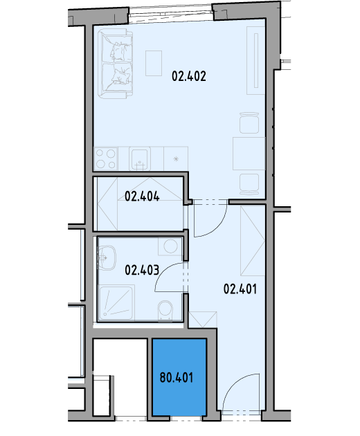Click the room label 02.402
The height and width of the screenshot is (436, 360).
189,76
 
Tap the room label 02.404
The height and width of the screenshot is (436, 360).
142,197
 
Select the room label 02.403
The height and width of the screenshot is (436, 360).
142,270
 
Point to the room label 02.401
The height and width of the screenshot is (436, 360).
240,289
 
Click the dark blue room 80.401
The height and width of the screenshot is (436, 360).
179,377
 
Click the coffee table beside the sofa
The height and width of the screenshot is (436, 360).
154,63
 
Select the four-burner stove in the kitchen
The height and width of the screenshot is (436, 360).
106,158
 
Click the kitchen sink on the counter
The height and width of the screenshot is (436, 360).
140,158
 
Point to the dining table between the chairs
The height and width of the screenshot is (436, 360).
249,154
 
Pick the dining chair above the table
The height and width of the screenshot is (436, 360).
249,122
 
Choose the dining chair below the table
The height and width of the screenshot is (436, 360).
249,185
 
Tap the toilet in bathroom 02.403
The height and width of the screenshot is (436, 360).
165,311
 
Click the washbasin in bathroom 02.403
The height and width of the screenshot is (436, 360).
107,257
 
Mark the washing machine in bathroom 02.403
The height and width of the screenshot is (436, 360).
170,246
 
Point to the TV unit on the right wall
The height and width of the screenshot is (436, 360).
256,61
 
